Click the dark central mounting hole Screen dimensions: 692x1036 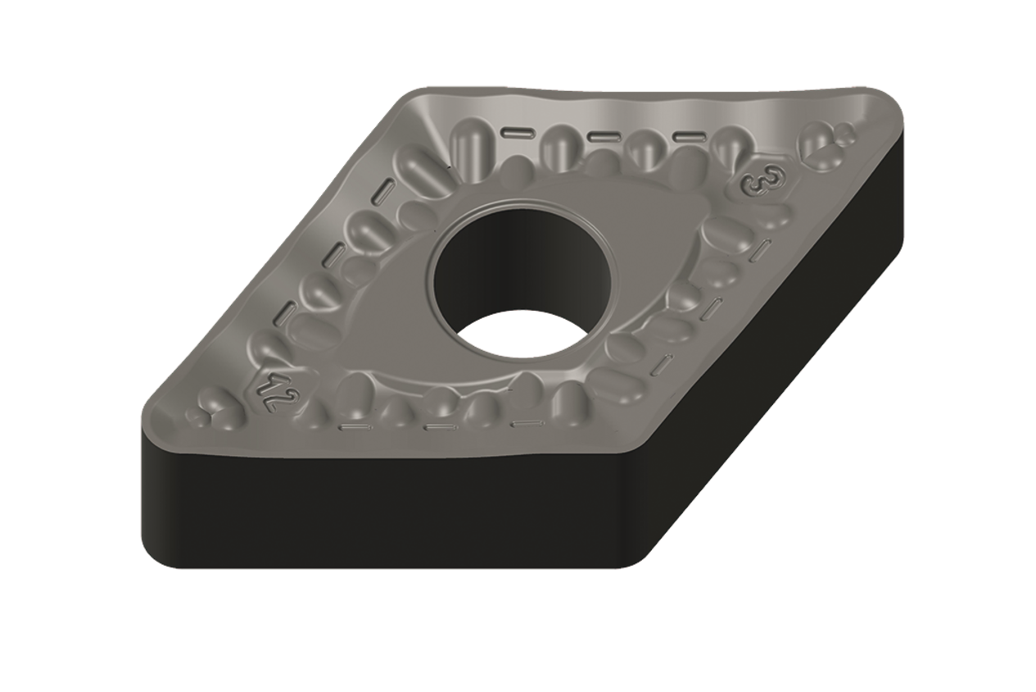click(500, 262)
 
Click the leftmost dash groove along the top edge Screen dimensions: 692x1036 click(517, 132)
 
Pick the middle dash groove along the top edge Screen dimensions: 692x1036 click(604, 136)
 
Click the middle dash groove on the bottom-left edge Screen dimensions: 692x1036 click(440, 426)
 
